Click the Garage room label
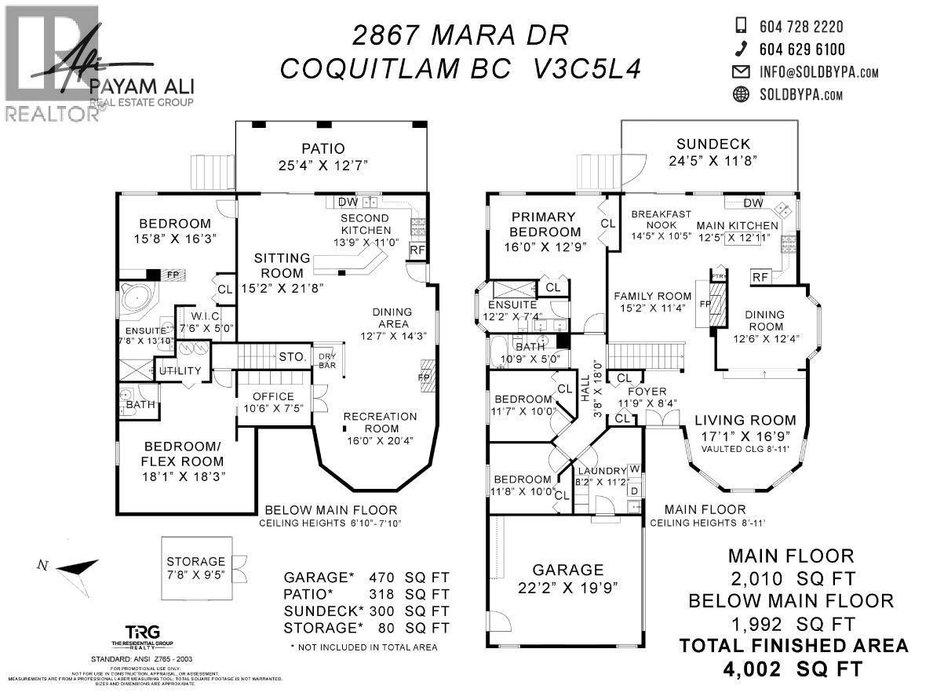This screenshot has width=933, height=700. point(569,570)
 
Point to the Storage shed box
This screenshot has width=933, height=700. point(195,567)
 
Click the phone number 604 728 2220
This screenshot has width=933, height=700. point(801,27)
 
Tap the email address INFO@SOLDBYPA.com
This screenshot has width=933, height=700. point(818,72)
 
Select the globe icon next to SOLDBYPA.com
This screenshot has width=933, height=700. point(740,95)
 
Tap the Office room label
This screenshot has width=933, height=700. point(274,396)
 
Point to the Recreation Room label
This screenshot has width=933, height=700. point(383,422)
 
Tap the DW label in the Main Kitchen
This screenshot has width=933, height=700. point(753,204)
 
